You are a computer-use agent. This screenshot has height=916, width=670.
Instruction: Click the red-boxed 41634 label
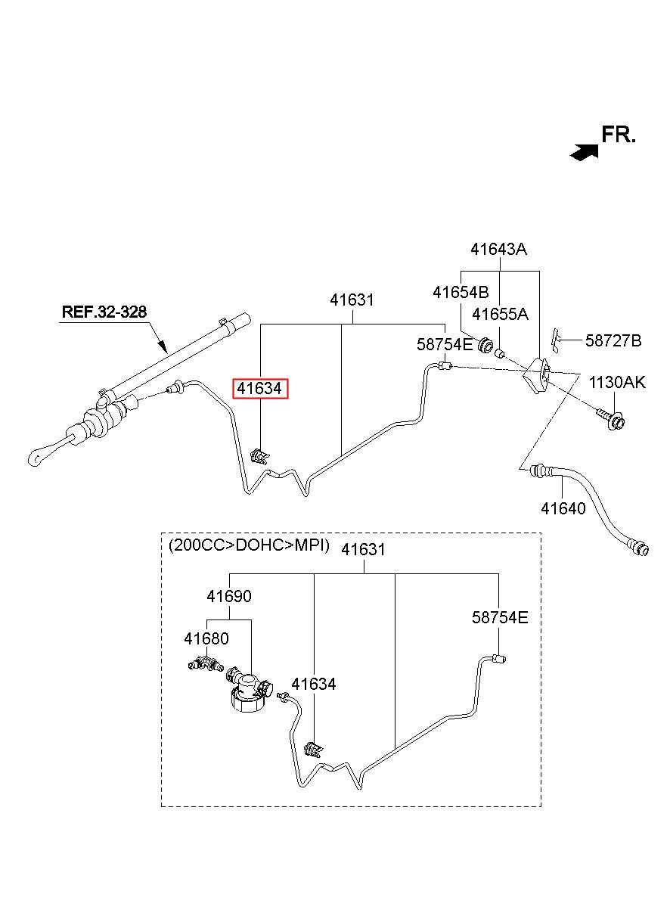(x=260, y=388)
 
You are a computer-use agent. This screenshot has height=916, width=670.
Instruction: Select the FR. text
(x=618, y=134)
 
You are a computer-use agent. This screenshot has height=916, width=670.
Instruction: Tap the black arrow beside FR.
(x=584, y=152)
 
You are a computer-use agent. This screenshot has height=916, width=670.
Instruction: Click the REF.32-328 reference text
(x=104, y=312)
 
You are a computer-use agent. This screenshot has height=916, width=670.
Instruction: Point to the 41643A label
(x=498, y=249)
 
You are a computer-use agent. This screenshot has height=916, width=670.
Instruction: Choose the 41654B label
(x=461, y=292)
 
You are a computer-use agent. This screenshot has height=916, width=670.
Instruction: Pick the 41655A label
(x=500, y=314)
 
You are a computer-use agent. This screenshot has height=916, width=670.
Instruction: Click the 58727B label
(x=613, y=340)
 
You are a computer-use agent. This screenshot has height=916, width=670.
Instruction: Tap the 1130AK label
(x=617, y=382)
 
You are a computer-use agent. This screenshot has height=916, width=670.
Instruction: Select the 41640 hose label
(x=563, y=508)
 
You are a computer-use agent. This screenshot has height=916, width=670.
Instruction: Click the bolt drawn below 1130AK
(x=610, y=419)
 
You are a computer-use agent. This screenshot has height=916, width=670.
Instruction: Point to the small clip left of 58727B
(x=556, y=340)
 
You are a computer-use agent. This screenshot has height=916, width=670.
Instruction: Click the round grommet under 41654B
(x=485, y=346)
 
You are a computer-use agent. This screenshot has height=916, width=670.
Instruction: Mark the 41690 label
(x=229, y=596)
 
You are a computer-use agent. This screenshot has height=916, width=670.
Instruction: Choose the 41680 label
(x=206, y=638)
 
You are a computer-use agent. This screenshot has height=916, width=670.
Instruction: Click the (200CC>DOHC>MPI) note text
(x=249, y=545)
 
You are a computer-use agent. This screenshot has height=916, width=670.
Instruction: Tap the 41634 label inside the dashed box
(x=314, y=684)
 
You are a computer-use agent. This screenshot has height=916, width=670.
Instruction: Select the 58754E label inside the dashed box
(x=500, y=617)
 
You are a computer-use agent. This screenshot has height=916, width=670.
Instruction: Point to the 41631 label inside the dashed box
(x=363, y=549)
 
